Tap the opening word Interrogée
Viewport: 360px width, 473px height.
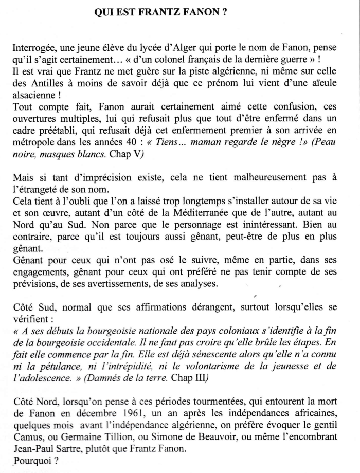click(34, 48)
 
